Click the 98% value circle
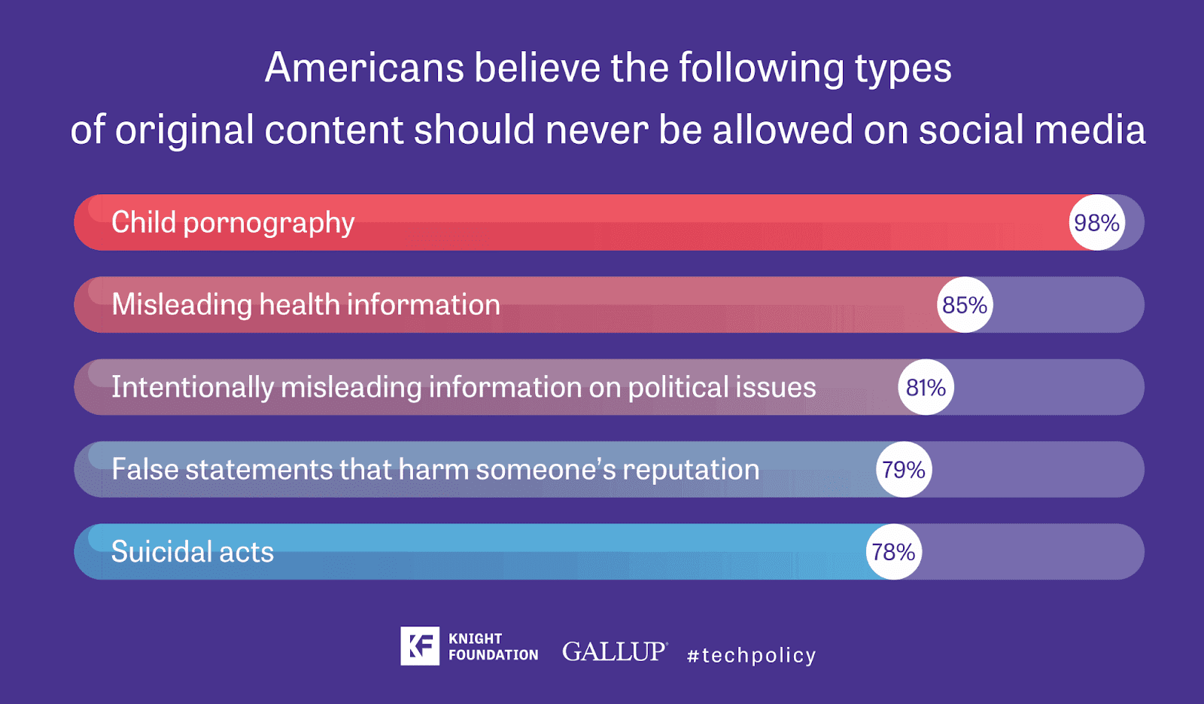pyautogui.click(x=1096, y=223)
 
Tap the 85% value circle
pyautogui.click(x=965, y=305)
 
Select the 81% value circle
pyautogui.click(x=926, y=387)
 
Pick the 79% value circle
pyautogui.click(x=904, y=470)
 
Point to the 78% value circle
pyautogui.click(x=893, y=552)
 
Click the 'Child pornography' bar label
pyautogui.click(x=233, y=223)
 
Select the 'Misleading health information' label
pyautogui.click(x=306, y=305)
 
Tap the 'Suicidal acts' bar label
pyautogui.click(x=192, y=552)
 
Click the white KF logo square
pyautogui.click(x=419, y=646)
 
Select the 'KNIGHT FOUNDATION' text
pyautogui.click(x=493, y=647)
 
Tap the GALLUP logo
pyautogui.click(x=614, y=651)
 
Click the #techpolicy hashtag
pyautogui.click(x=751, y=655)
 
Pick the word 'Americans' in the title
pyautogui.click(x=364, y=68)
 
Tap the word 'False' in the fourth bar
pyautogui.click(x=144, y=470)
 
